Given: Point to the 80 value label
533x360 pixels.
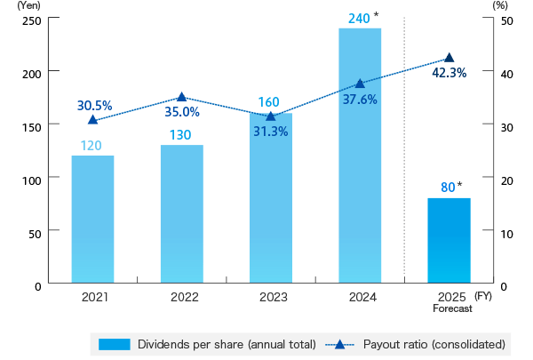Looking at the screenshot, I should click(x=448, y=188).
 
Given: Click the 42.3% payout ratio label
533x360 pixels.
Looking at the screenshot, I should click(x=449, y=73).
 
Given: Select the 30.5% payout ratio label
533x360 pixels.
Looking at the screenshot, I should click(x=94, y=105).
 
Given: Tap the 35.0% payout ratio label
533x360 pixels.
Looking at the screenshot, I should click(x=182, y=113).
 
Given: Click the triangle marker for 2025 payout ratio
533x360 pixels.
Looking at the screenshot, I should click(x=449, y=58).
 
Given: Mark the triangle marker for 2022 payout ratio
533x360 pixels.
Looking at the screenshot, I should click(x=182, y=97).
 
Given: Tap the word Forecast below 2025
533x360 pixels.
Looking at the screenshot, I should click(x=452, y=308).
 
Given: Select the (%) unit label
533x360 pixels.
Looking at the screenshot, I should click(x=499, y=5).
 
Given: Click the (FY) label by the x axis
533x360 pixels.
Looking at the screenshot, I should click(x=482, y=295).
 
